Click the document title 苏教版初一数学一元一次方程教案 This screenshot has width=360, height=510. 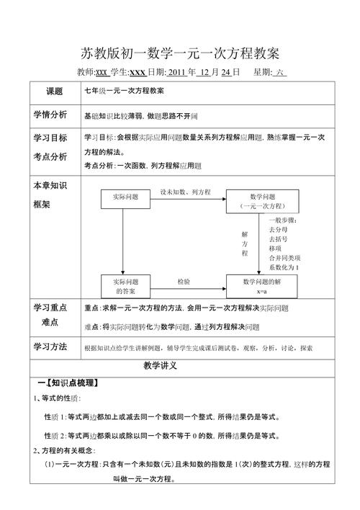[180, 53]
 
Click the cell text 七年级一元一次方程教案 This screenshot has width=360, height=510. [124, 92]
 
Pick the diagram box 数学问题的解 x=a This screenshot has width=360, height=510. [262, 285]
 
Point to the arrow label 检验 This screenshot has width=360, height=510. [184, 281]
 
